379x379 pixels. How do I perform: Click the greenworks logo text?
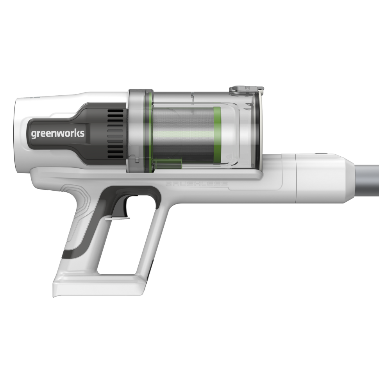tap(57, 134)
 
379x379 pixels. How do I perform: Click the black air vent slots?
tap(115, 133)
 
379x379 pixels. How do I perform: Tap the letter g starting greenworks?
tap(34, 134)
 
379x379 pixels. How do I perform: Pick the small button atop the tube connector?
tap(322, 154)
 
